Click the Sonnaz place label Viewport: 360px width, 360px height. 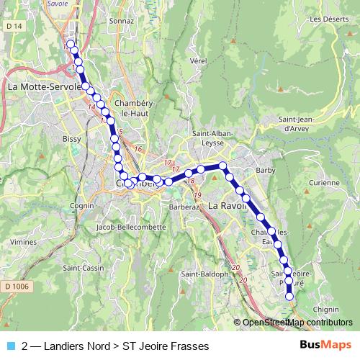click(114, 22)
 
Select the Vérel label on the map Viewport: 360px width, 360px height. click(198, 61)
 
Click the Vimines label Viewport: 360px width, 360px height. click(24, 242)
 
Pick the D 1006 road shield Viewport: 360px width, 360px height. click(17, 287)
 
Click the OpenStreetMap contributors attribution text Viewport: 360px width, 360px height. click(297, 322)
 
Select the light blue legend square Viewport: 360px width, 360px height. click(10, 346)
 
